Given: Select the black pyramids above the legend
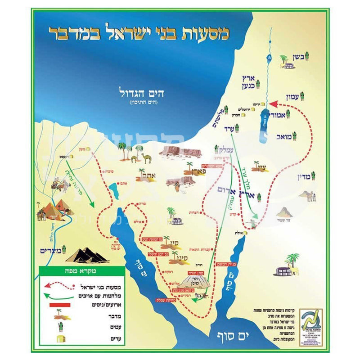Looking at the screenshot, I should click(x=88, y=255).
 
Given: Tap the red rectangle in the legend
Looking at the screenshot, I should click(x=56, y=305).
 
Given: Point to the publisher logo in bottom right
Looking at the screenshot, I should click(x=310, y=320).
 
